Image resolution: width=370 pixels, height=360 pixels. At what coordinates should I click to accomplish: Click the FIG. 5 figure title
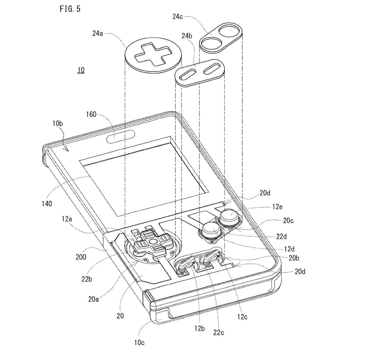click(x=70, y=9)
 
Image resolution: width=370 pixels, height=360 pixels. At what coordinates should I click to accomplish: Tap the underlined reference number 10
click(x=81, y=70)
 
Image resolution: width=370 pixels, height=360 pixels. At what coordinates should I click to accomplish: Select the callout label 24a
click(x=98, y=33)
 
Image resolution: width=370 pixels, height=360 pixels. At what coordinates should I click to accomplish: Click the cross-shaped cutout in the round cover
click(x=153, y=54)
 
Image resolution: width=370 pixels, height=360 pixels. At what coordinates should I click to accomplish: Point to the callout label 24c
click(x=178, y=17)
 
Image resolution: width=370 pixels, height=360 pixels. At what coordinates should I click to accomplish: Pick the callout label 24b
click(x=187, y=36)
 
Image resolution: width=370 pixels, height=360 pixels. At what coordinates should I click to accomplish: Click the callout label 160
click(x=91, y=114)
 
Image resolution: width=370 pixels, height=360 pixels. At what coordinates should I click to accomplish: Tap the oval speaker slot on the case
click(x=120, y=137)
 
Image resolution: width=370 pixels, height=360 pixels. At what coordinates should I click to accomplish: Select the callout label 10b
click(x=58, y=124)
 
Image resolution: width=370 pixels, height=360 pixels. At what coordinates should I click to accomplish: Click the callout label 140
click(x=47, y=204)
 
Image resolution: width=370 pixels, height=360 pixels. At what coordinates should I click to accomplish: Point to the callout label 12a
click(x=67, y=219)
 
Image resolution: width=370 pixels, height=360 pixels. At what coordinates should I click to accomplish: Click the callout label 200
click(x=81, y=257)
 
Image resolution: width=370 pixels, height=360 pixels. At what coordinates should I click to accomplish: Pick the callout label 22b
click(x=87, y=279)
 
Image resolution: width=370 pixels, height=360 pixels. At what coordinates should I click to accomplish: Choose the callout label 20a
click(x=94, y=299)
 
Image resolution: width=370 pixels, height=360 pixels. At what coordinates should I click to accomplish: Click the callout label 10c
click(x=139, y=343)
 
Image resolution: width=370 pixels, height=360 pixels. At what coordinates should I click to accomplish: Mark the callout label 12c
click(x=242, y=317)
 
